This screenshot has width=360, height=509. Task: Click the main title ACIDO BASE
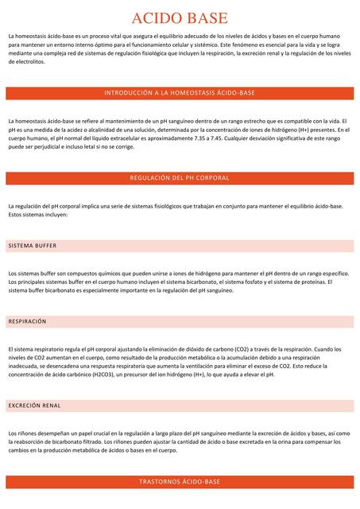[x=180, y=17]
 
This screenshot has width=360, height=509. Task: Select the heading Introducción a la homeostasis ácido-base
[x=180, y=94]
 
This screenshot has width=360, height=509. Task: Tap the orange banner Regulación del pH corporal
[x=180, y=178]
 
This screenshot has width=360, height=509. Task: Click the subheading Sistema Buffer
[x=33, y=246]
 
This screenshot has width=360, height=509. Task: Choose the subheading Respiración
[x=28, y=321]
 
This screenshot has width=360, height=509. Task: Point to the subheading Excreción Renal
[x=35, y=406]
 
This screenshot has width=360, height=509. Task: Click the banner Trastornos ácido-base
[x=180, y=482]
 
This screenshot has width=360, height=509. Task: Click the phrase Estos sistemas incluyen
[x=38, y=215]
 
